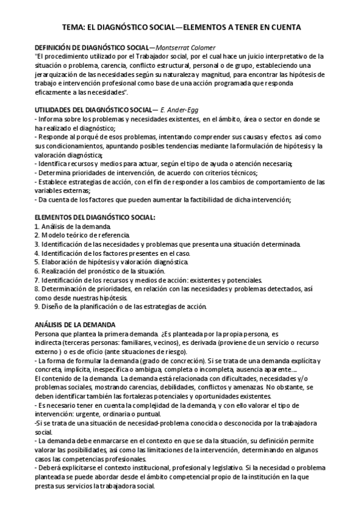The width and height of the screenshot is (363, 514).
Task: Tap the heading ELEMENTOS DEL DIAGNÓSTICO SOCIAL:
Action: click(95, 216)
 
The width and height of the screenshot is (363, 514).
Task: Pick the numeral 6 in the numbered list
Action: click(36, 271)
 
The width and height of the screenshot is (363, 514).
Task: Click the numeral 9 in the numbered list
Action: click(36, 307)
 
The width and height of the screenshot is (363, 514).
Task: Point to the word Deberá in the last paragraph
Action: click(50, 469)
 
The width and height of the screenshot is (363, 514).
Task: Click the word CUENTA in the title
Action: click(284, 27)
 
